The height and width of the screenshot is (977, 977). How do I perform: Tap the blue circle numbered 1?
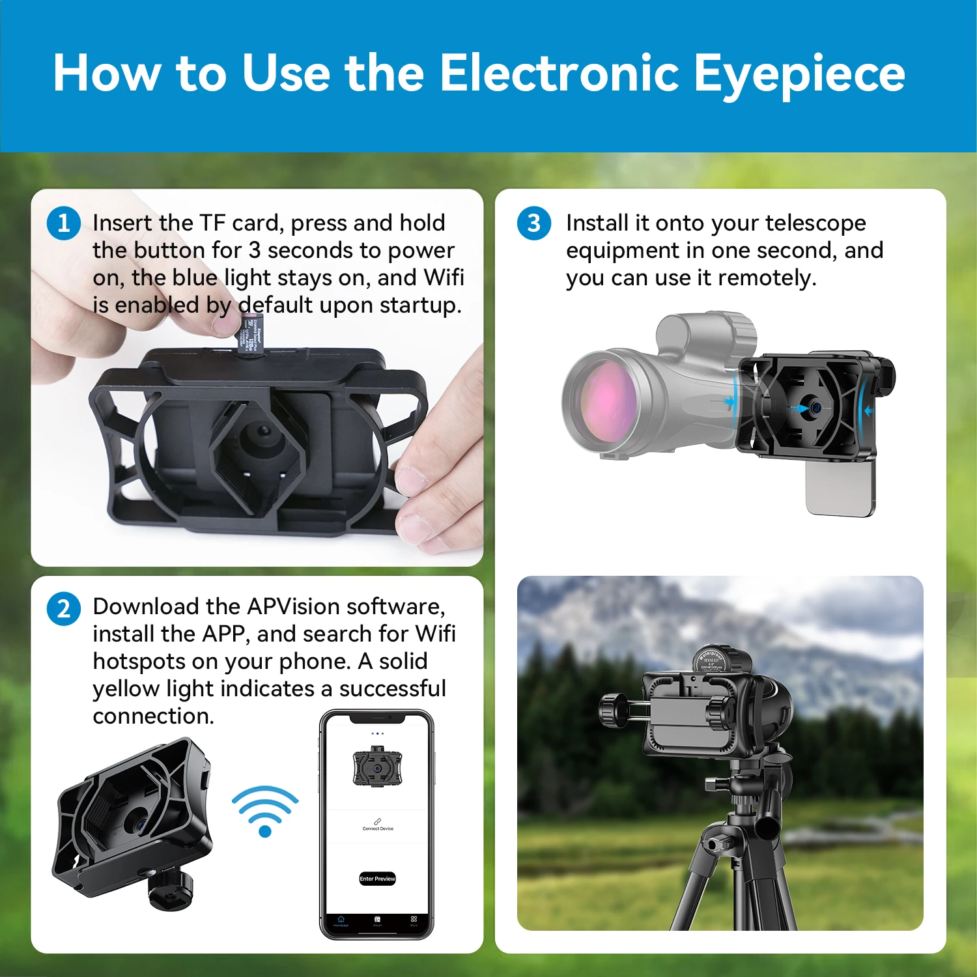[64, 223]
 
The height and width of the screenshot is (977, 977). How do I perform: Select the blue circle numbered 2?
[64, 609]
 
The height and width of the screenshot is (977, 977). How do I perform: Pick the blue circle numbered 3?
[534, 223]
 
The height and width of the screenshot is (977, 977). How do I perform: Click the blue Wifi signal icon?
[265, 811]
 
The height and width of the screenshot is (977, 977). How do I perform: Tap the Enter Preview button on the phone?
[377, 879]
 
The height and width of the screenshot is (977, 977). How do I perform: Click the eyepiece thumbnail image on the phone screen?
[377, 767]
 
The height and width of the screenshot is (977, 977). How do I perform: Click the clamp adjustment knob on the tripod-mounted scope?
[613, 709]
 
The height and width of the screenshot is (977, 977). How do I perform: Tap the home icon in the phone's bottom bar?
[341, 920]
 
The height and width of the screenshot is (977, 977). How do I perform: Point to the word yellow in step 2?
[126, 689]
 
